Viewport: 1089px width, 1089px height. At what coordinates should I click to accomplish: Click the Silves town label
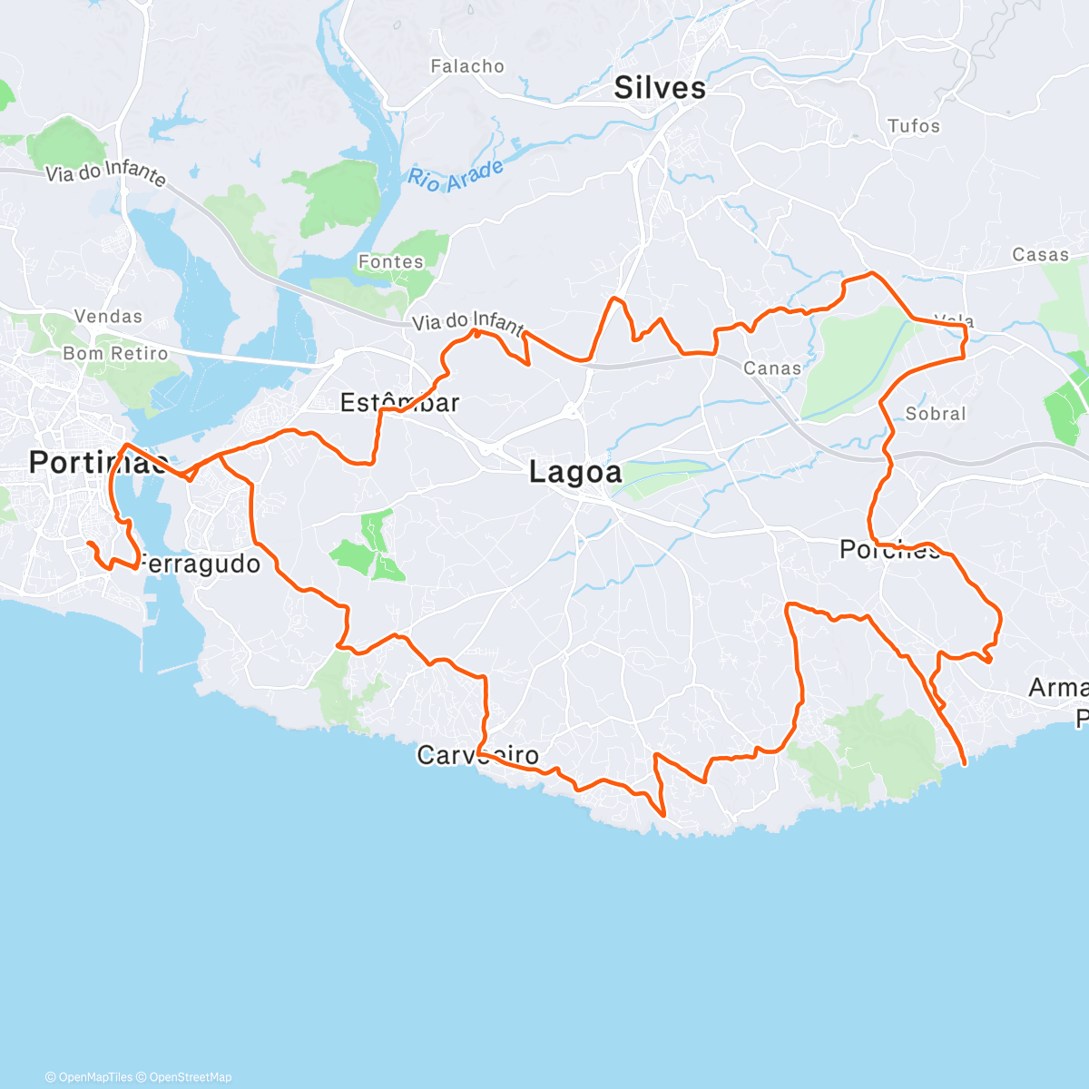(x=660, y=88)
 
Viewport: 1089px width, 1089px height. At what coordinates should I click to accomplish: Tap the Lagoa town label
(x=575, y=472)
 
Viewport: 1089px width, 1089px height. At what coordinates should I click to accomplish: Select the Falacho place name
(x=467, y=66)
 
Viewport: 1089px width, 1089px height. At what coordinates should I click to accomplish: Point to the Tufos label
(x=914, y=126)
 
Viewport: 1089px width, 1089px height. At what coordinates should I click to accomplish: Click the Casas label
(x=1041, y=255)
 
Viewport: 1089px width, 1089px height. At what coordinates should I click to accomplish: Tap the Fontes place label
(x=391, y=261)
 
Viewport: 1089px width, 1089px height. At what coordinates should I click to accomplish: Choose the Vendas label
(x=108, y=317)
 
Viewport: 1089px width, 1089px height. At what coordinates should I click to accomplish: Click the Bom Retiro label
(x=115, y=353)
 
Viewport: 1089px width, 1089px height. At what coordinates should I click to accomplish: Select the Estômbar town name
(x=399, y=402)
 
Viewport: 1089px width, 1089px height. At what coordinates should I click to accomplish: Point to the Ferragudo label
(x=201, y=564)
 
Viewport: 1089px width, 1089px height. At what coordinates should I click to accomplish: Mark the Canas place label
(x=772, y=368)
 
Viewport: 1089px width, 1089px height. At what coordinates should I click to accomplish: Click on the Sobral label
(x=936, y=414)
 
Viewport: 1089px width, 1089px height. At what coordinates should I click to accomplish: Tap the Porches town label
(x=889, y=549)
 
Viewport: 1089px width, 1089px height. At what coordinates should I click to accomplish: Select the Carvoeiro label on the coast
(x=477, y=755)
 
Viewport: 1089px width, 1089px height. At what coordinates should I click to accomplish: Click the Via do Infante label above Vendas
(x=106, y=172)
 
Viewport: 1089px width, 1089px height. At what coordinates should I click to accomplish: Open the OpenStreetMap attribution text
(x=189, y=1077)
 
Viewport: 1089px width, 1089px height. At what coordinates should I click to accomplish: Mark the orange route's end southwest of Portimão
(x=88, y=543)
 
